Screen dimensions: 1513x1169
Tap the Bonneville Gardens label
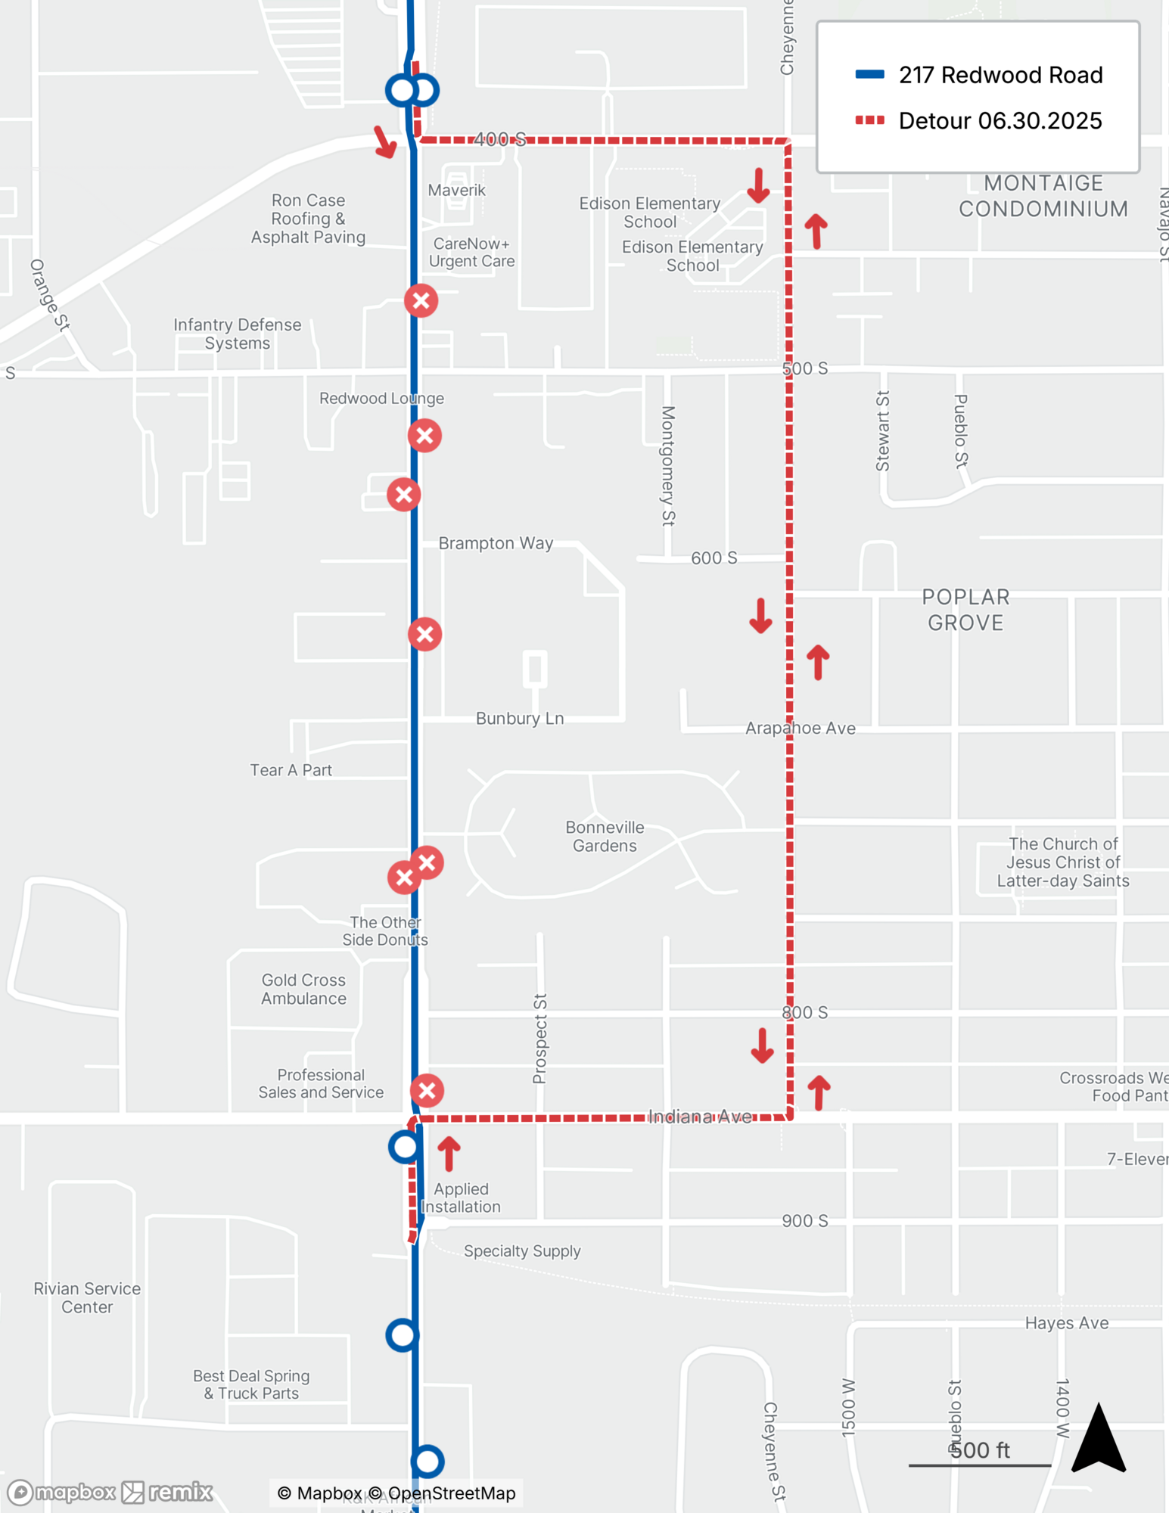605,837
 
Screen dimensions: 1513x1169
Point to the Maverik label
456,191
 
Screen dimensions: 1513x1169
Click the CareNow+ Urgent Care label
471,253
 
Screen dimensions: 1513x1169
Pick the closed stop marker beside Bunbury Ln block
425,634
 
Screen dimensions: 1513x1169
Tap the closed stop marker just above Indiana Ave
427,1091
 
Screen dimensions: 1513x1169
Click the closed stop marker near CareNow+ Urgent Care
421,301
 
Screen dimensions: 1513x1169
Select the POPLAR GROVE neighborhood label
965,610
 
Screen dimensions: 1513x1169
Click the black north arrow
1099,1438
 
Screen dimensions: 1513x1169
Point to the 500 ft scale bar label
980,1450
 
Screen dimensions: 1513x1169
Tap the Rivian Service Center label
87,1297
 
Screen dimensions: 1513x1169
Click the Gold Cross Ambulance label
303,989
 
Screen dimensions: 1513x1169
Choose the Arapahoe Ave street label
800,729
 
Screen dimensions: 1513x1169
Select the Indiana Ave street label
700,1117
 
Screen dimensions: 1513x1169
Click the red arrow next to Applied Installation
449,1154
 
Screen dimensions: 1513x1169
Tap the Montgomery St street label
667,465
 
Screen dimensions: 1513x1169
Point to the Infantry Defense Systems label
237,334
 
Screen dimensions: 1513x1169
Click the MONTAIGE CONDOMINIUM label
1043,196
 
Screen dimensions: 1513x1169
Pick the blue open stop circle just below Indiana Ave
405,1148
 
